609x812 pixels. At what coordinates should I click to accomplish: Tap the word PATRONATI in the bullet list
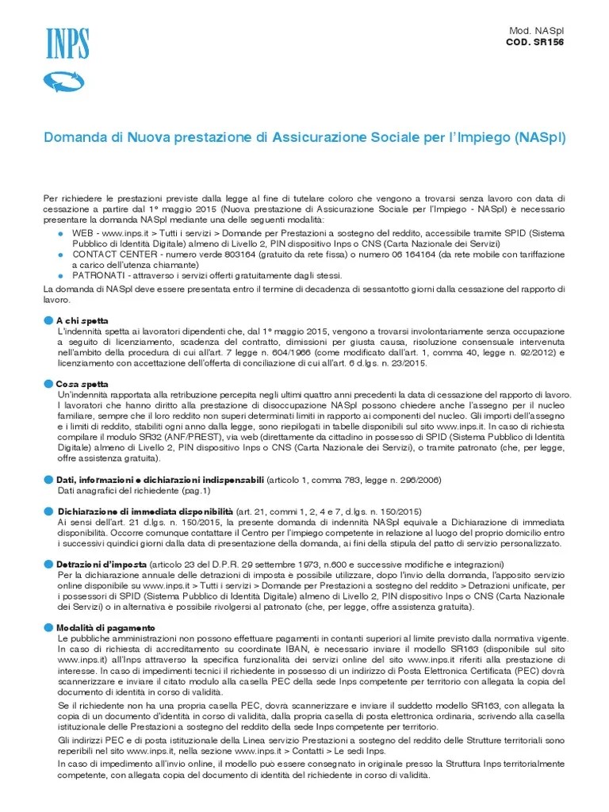coord(97,275)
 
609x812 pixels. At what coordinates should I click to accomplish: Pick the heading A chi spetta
coord(82,320)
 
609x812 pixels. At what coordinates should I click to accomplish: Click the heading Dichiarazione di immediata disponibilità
coord(144,511)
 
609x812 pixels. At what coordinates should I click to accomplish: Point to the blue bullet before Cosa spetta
coord(49,383)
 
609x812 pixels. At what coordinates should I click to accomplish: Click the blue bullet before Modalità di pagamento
coord(49,627)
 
